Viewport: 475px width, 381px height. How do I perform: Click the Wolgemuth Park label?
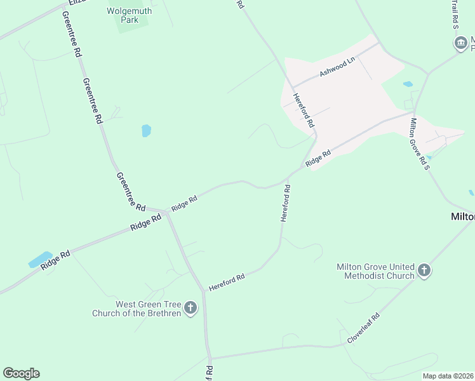pyautogui.click(x=131, y=15)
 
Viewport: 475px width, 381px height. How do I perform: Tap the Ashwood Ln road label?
pyautogui.click(x=337, y=69)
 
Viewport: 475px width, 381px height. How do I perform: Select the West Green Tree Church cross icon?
pyautogui.click(x=191, y=309)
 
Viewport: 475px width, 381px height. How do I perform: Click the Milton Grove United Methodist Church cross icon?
pyautogui.click(x=425, y=271)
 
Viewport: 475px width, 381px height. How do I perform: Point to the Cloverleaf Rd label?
pyautogui.click(x=363, y=328)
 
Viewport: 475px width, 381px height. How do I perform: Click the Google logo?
pyautogui.click(x=21, y=373)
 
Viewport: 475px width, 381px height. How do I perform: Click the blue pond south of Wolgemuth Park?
pyautogui.click(x=147, y=131)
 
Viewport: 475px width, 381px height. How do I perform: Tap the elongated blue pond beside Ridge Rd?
pyautogui.click(x=40, y=260)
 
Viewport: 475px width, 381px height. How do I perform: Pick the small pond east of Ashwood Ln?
pyautogui.click(x=408, y=84)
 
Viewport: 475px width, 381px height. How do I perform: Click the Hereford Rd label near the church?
pyautogui.click(x=227, y=283)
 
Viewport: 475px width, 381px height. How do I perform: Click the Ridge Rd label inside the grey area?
pyautogui.click(x=318, y=158)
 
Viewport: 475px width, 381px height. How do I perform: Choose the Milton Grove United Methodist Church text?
pyautogui.click(x=376, y=271)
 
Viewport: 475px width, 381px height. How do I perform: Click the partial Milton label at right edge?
pyautogui.click(x=462, y=217)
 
